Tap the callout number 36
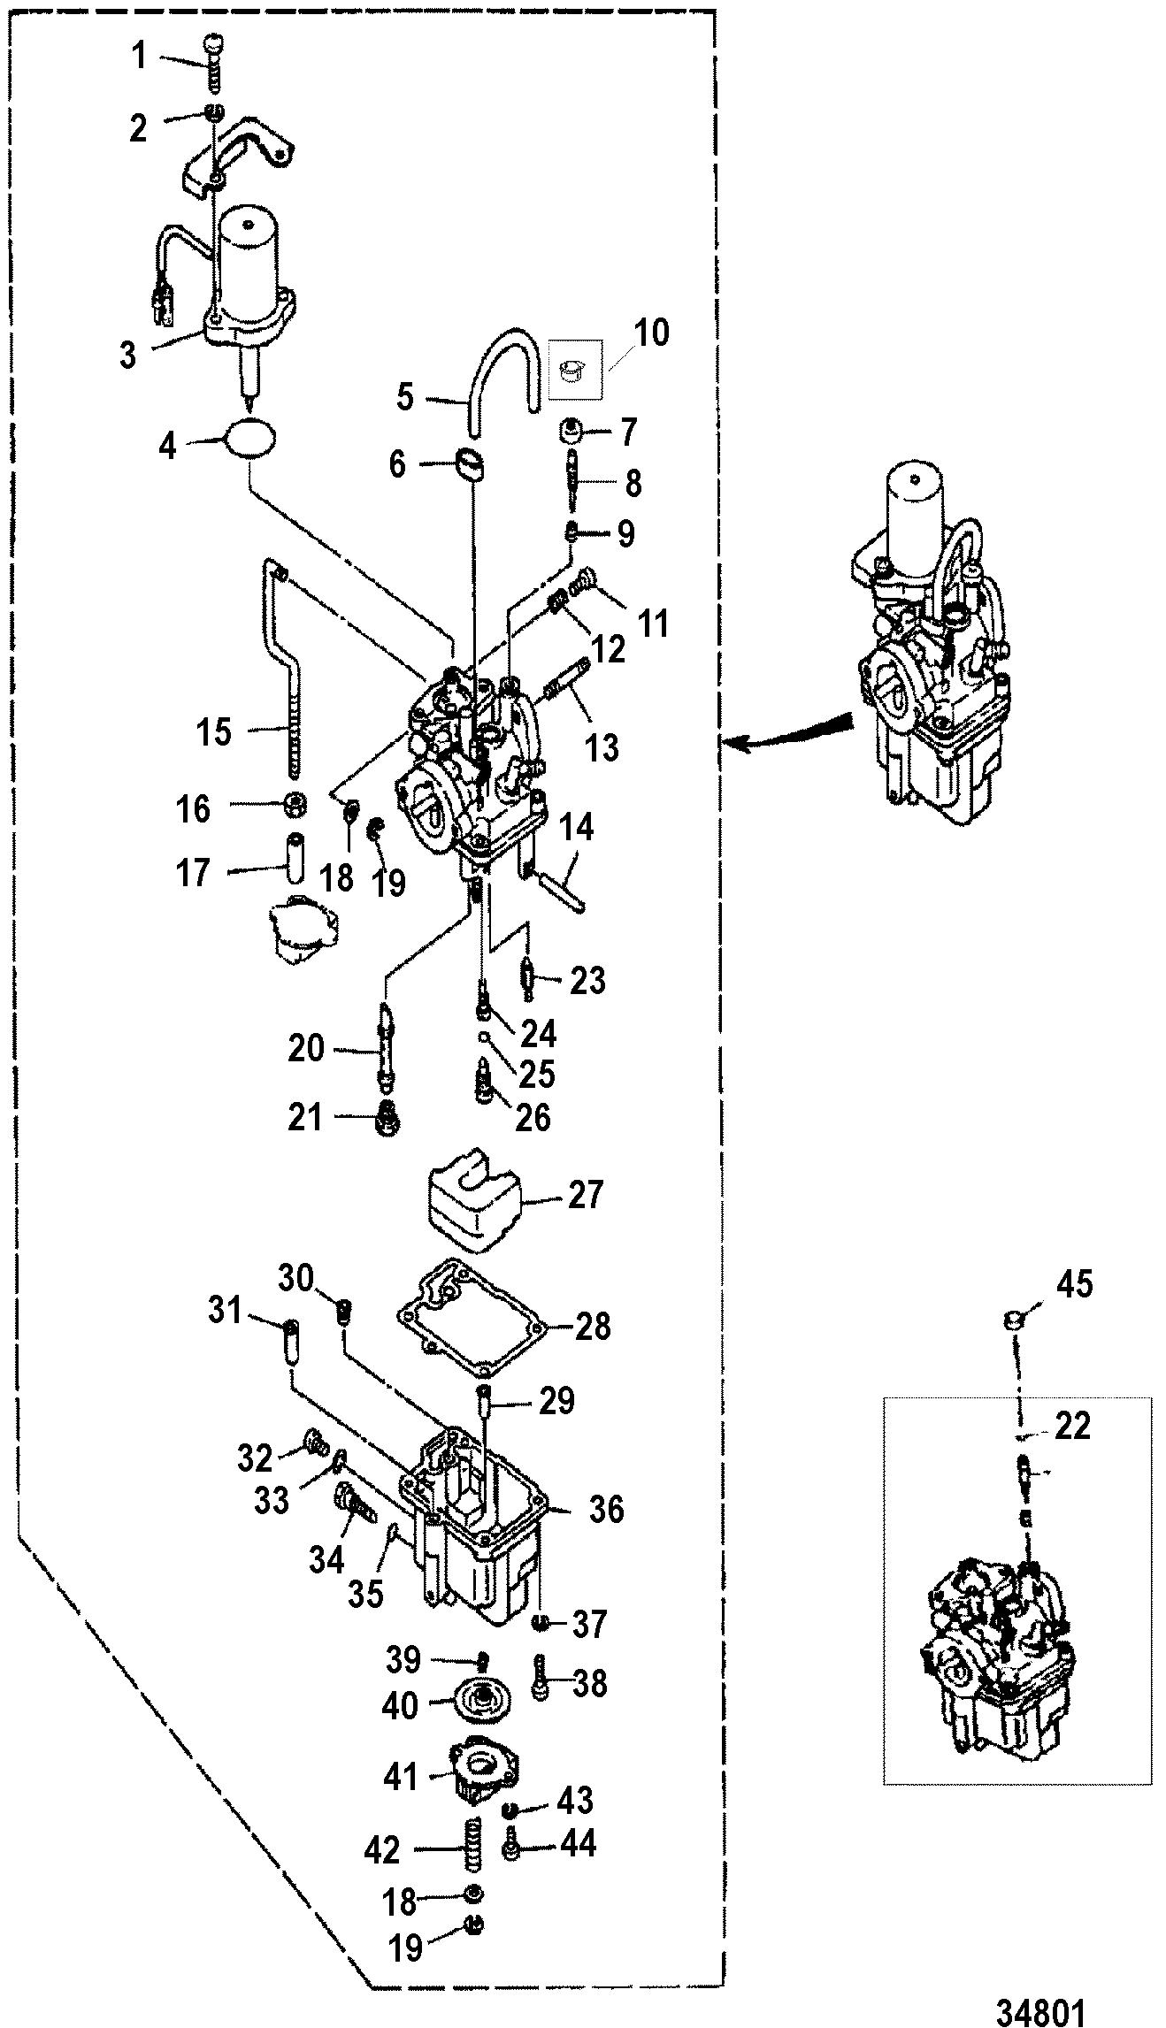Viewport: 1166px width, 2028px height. click(606, 1510)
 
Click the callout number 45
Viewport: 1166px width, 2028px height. click(1074, 1285)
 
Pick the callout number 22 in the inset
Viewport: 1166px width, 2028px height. click(1072, 1427)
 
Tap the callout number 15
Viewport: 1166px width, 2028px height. click(213, 732)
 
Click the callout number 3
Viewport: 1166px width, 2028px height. click(128, 356)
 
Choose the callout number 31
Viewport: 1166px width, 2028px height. click(225, 1310)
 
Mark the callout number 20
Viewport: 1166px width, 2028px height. click(306, 1049)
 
